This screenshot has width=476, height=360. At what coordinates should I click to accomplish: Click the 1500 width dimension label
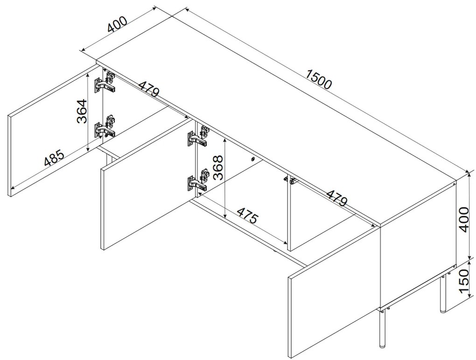pyautogui.click(x=319, y=79)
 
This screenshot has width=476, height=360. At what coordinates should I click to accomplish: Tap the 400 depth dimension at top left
pyautogui.click(x=117, y=24)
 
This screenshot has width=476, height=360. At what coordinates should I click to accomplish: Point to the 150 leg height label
pyautogui.click(x=464, y=281)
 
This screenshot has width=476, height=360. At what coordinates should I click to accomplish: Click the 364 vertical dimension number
pyautogui.click(x=82, y=111)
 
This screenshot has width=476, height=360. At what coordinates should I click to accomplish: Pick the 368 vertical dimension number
pyautogui.click(x=218, y=168)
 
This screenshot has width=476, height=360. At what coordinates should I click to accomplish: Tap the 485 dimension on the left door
pyautogui.click(x=55, y=158)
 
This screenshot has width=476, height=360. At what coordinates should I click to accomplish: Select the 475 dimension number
pyautogui.click(x=247, y=215)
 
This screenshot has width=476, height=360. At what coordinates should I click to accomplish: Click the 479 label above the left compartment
pyautogui.click(x=148, y=88)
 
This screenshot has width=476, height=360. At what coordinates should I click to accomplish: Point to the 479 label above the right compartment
pyautogui.click(x=336, y=198)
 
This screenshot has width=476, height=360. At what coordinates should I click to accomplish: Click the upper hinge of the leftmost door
pyautogui.click(x=105, y=82)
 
